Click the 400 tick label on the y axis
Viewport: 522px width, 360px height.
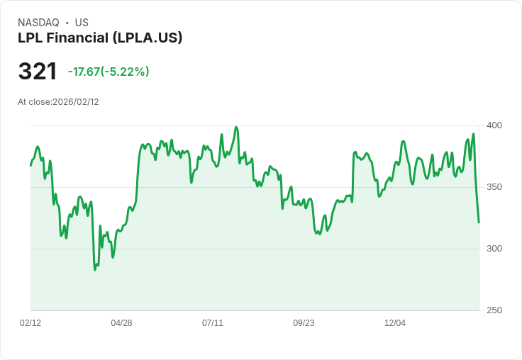pos(494,125)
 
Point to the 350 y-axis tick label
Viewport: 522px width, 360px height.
pos(494,187)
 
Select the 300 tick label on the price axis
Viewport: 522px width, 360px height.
pos(494,249)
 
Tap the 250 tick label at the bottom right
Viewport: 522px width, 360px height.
pos(494,310)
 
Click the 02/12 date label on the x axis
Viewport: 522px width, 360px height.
pos(30,323)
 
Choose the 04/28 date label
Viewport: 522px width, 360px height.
pos(121,323)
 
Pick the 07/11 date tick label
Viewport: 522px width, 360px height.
pos(213,323)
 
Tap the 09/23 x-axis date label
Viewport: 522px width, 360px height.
pos(304,323)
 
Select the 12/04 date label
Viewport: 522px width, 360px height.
pos(395,323)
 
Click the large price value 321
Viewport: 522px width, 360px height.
pos(38,72)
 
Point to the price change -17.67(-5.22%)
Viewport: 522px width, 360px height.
pos(109,72)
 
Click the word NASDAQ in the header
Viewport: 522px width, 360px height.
pos(38,23)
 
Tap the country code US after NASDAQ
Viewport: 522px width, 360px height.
pos(82,23)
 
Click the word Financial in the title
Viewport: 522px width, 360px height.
pos(79,38)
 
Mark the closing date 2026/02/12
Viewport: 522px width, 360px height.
pos(76,102)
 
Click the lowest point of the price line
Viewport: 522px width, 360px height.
pos(95,270)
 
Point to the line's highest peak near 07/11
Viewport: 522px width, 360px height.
pos(236,128)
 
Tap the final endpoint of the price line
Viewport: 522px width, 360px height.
pos(479,223)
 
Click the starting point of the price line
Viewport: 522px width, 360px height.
pos(30,165)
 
